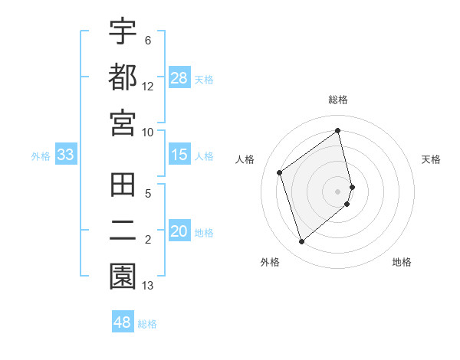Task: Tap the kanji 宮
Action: [123, 123]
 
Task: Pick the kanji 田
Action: [123, 187]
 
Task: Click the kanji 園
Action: [123, 277]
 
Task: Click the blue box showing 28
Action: [179, 78]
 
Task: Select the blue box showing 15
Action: [179, 155]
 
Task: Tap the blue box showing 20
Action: [179, 232]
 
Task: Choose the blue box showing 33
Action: [66, 155]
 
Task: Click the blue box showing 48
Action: [123, 322]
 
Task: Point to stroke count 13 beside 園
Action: [148, 286]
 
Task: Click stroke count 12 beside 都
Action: [148, 86]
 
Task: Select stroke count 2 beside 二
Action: [148, 241]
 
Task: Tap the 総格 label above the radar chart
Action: [338, 100]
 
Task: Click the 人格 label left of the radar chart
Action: [245, 159]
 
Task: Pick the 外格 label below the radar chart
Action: [270, 262]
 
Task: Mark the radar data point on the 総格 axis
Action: [338, 131]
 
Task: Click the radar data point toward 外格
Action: [301, 242]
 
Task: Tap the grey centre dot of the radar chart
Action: [338, 190]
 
